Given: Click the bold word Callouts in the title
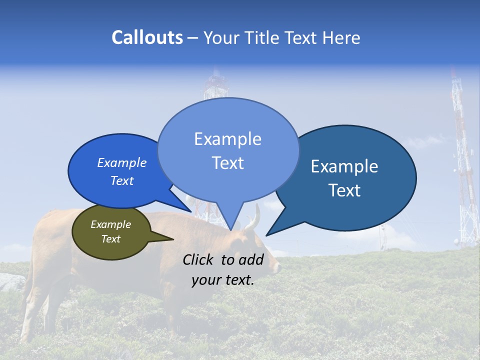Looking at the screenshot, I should tap(147, 37).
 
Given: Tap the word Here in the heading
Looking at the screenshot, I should tap(341, 37).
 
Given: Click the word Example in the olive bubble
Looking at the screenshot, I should tap(110, 224).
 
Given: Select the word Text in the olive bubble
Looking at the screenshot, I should tap(110, 239).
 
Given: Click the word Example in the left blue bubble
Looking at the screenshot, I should tap(121, 162).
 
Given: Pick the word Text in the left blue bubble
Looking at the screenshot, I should tap(121, 180).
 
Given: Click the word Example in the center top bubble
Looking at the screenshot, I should tap(227, 139).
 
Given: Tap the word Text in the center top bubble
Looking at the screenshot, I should tap(227, 163).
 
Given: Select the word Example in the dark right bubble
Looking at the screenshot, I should tap(344, 166).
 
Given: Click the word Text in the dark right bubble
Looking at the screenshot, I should tap(344, 190).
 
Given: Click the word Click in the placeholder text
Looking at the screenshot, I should tap(199, 259).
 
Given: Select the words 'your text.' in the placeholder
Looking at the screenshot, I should tap(222, 280).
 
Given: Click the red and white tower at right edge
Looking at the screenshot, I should tap(462, 165).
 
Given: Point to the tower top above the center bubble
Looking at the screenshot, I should tap(215, 85).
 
